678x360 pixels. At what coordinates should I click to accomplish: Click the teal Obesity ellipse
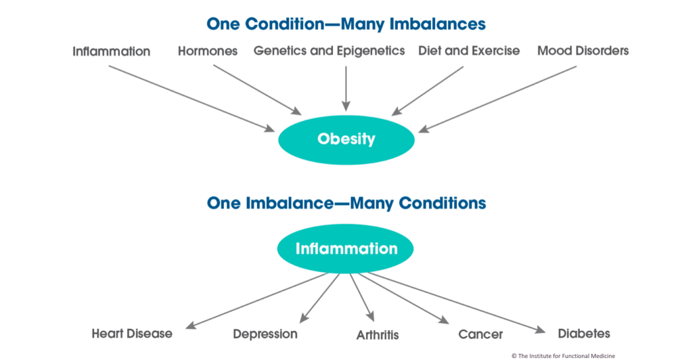[x=346, y=140]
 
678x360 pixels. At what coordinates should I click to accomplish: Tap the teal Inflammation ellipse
[x=346, y=249]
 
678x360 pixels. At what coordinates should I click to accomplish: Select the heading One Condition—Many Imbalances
[x=346, y=24]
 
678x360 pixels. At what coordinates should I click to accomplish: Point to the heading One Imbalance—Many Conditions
[x=346, y=203]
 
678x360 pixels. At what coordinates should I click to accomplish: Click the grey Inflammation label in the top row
[x=111, y=52]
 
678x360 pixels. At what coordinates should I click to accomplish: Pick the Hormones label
[x=207, y=51]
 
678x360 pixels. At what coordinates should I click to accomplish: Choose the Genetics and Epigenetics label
[x=329, y=51]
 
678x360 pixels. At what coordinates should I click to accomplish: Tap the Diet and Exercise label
[x=469, y=50]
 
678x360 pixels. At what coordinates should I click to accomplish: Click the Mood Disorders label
[x=583, y=50]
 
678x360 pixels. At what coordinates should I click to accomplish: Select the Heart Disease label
[x=132, y=334]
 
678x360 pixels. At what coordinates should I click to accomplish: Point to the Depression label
[x=265, y=334]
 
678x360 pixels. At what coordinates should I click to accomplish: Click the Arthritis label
[x=377, y=335]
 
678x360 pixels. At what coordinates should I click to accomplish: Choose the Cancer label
[x=481, y=334]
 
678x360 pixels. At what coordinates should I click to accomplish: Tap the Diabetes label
[x=584, y=334]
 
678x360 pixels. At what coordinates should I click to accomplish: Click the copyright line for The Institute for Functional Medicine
[x=563, y=355]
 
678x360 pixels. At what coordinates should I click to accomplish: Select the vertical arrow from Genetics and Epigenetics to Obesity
[x=346, y=89]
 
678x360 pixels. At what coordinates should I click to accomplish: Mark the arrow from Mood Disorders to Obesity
[x=497, y=99]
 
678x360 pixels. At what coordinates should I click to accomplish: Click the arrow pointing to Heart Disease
[x=256, y=301]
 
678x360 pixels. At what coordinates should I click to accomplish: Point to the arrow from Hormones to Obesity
[x=258, y=90]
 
